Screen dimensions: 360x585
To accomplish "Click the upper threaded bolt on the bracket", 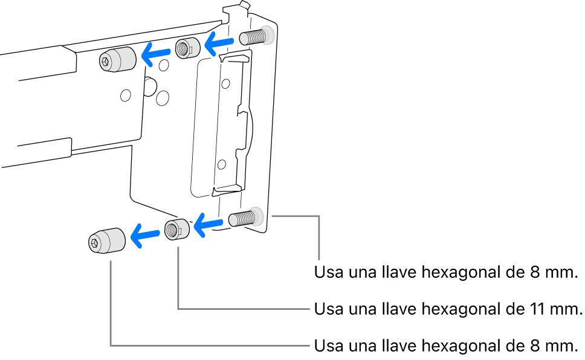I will (254, 37).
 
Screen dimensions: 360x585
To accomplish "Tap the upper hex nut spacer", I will (187, 48).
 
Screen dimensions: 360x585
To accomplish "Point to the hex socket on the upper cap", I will (106, 60).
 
